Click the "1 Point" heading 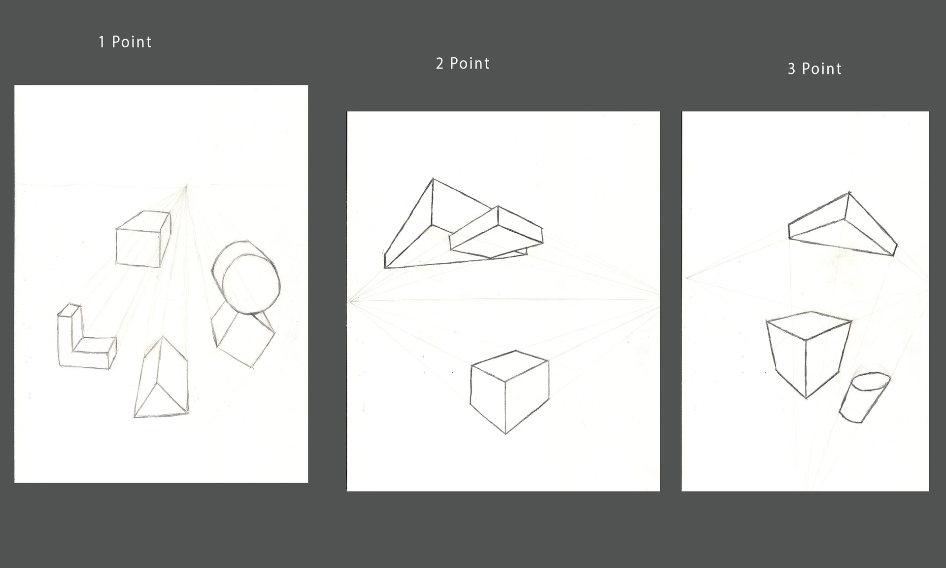click(x=125, y=42)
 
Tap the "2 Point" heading click(x=463, y=64)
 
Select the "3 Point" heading click(x=814, y=69)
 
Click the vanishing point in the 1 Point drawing click(x=186, y=186)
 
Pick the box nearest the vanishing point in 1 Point click(x=143, y=239)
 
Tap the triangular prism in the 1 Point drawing click(x=161, y=377)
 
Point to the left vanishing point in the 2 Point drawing click(x=349, y=301)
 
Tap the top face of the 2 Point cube click(x=510, y=365)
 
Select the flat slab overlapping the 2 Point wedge click(x=496, y=232)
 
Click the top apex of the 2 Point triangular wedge click(x=433, y=178)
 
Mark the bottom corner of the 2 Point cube click(x=506, y=433)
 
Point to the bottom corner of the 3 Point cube click(x=806, y=397)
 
